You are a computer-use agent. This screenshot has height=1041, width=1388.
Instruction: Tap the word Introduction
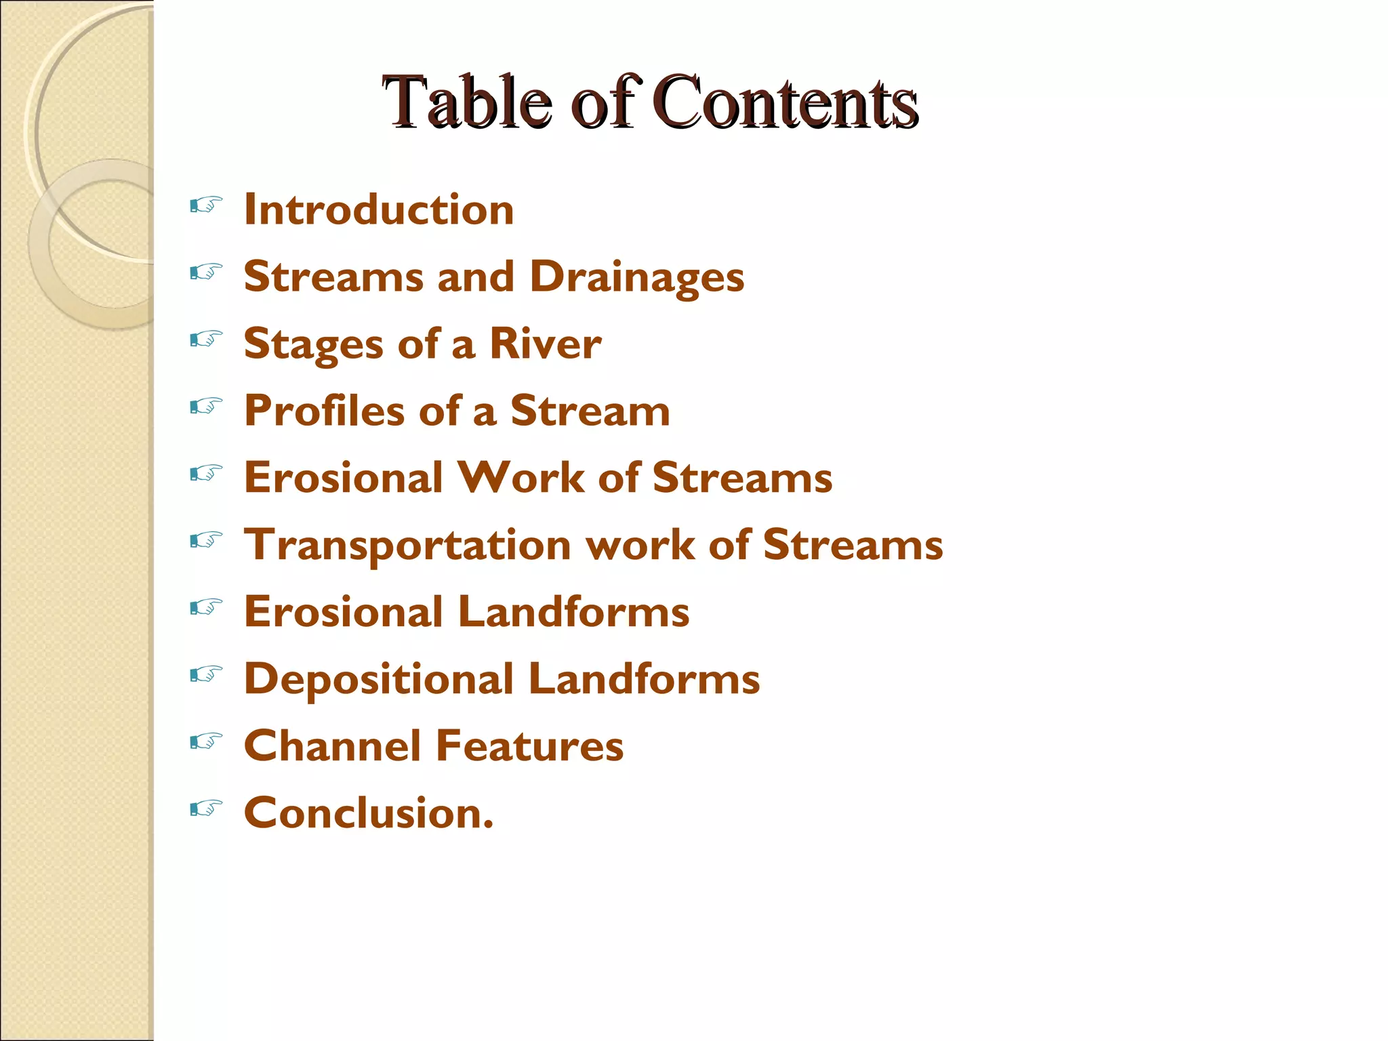pyautogui.click(x=379, y=209)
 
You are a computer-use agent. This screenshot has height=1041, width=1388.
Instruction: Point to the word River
pyautogui.click(x=545, y=344)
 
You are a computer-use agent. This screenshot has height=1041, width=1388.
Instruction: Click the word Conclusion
pyautogui.click(x=369, y=813)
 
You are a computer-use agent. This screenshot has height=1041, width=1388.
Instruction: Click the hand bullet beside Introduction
pyautogui.click(x=206, y=205)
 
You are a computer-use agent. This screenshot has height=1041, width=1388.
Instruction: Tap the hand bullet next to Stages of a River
pyautogui.click(x=206, y=339)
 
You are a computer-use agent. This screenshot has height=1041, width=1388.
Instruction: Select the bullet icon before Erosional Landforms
pyautogui.click(x=206, y=607)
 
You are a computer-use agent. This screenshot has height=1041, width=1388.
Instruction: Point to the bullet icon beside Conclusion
pyautogui.click(x=206, y=808)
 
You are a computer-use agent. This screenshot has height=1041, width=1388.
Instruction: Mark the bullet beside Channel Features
pyautogui.click(x=206, y=741)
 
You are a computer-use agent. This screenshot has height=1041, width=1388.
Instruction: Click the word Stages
pyautogui.click(x=313, y=344)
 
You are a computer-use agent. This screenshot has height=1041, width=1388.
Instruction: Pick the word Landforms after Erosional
pyautogui.click(x=573, y=611)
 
